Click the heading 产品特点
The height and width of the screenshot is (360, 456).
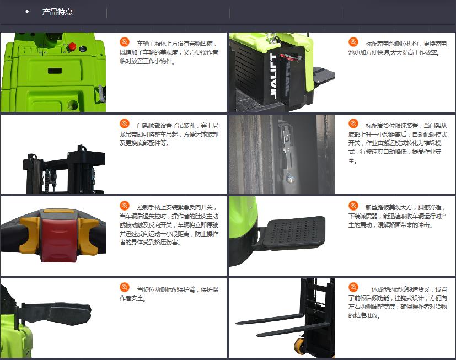click(x=57, y=12)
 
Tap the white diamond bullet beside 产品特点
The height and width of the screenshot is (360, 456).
click(x=27, y=12)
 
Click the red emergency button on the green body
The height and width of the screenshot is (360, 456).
click(x=72, y=46)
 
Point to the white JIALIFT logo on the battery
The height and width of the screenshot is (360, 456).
click(x=273, y=77)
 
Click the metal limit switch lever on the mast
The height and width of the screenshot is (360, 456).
click(x=287, y=151)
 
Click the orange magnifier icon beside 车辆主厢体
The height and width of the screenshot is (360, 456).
click(x=125, y=42)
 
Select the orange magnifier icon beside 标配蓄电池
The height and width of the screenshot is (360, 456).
click(x=353, y=42)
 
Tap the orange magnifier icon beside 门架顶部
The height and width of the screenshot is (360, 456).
click(x=125, y=123)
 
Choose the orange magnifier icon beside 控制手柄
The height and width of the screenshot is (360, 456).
click(x=125, y=206)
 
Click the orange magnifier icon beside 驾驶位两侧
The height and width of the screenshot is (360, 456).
click(x=125, y=287)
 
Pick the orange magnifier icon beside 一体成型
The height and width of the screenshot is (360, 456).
click(x=353, y=287)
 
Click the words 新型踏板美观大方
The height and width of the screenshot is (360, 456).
click(x=389, y=207)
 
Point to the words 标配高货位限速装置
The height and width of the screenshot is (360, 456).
click(x=391, y=126)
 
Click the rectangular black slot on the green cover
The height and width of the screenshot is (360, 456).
click(x=55, y=71)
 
